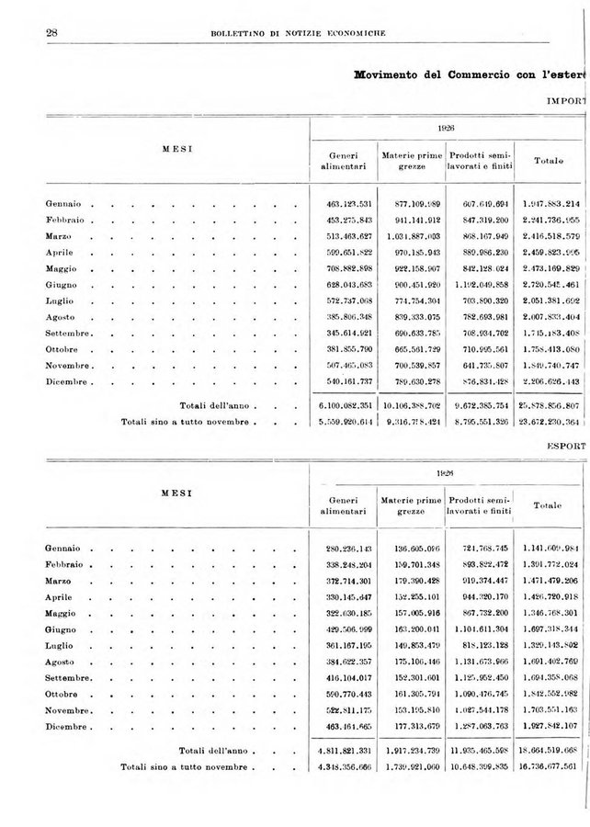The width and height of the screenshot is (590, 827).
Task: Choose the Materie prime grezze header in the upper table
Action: (x=411, y=160)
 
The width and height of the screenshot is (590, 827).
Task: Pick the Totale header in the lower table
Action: (x=547, y=504)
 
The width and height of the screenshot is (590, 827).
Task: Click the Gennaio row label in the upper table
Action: (x=64, y=203)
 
